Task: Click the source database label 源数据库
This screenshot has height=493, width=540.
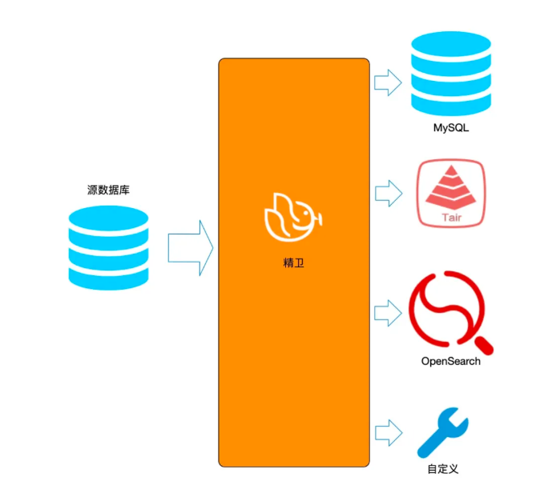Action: point(108,190)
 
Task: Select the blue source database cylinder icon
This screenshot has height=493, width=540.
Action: point(108,247)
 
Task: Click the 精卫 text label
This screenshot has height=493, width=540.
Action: point(294,262)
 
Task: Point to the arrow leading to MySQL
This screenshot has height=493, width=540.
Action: point(389,81)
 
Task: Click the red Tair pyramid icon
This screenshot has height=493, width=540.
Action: point(450,192)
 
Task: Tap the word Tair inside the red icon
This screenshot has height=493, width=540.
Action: point(451,215)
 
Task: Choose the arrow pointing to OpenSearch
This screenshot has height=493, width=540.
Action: point(389,312)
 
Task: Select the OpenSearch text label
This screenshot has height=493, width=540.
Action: point(451,361)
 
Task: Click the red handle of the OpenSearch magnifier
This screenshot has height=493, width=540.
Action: point(484,345)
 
